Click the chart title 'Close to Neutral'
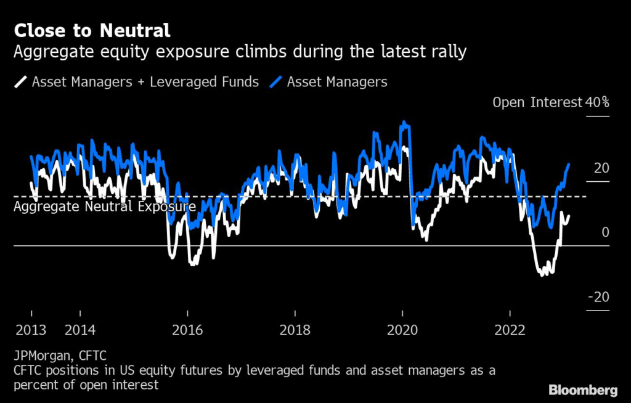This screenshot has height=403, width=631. pyautogui.click(x=92, y=30)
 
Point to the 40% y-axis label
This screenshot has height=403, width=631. pyautogui.click(x=597, y=102)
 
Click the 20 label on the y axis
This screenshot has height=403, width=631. pyautogui.click(x=601, y=168)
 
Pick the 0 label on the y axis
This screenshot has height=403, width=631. pyautogui.click(x=605, y=232)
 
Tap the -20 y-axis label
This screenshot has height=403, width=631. pyautogui.click(x=599, y=297)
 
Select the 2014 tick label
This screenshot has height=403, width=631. pyautogui.click(x=80, y=330)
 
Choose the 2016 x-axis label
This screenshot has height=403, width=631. pyautogui.click(x=187, y=330)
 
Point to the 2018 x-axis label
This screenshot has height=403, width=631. pyautogui.click(x=295, y=330)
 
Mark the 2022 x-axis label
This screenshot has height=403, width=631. pyautogui.click(x=510, y=330)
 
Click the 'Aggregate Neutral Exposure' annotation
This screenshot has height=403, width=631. pyautogui.click(x=105, y=207)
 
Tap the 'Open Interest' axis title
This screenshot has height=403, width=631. pyautogui.click(x=537, y=102)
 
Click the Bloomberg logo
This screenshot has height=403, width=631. pyautogui.click(x=583, y=390)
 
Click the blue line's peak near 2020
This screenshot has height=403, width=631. pyautogui.click(x=404, y=122)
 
